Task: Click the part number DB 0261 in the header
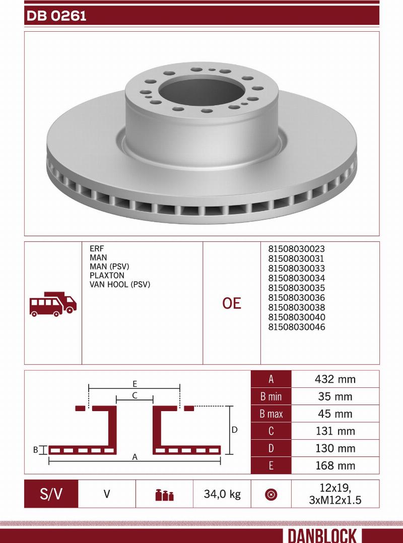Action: click(x=56, y=16)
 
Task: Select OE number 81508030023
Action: click(x=296, y=249)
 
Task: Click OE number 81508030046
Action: click(x=296, y=327)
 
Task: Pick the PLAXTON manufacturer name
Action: click(x=106, y=276)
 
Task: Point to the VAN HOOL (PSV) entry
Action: click(x=120, y=285)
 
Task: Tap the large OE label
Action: click(x=232, y=303)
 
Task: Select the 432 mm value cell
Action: click(x=335, y=379)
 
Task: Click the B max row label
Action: click(x=271, y=414)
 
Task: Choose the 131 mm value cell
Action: click(x=335, y=431)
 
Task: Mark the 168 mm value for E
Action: click(x=335, y=465)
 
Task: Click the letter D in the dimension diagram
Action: click(x=235, y=430)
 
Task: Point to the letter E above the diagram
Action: click(x=135, y=383)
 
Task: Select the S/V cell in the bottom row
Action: click(x=51, y=494)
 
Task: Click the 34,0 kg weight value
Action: click(x=222, y=494)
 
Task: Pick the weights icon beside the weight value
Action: click(x=164, y=495)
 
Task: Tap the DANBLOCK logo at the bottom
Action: click(x=322, y=535)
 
